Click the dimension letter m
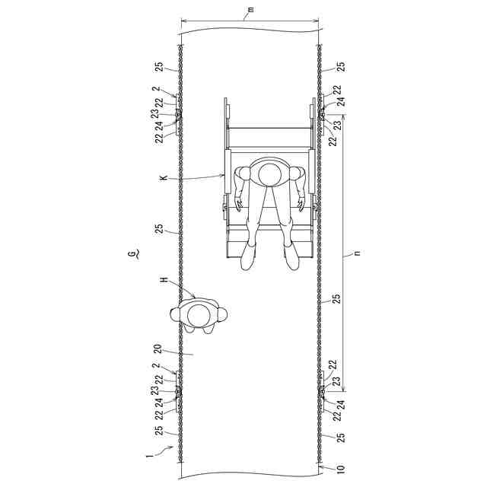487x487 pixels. pyautogui.click(x=251, y=10)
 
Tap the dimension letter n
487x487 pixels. pyautogui.click(x=357, y=253)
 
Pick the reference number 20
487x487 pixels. pyautogui.click(x=158, y=349)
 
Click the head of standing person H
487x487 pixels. pyautogui.click(x=199, y=316)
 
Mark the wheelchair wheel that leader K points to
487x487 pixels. pyautogui.click(x=228, y=171)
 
